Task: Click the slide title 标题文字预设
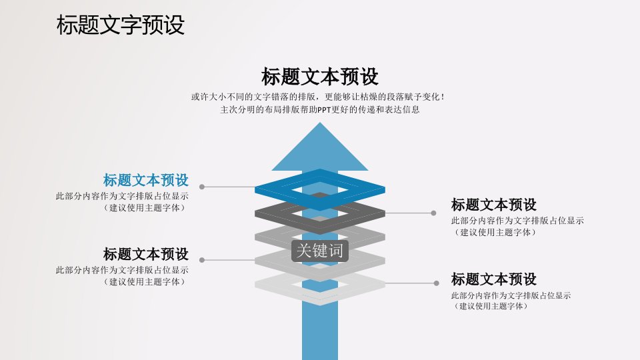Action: [121, 25]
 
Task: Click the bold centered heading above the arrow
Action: [319, 77]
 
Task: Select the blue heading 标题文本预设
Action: [146, 180]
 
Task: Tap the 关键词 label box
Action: [320, 251]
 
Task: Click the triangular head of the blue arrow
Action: [320, 151]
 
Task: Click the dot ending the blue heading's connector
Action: [201, 187]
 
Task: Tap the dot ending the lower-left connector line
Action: [201, 260]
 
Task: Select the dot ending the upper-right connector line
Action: [433, 213]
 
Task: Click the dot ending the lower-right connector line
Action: [436, 283]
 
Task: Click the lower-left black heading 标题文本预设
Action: [146, 254]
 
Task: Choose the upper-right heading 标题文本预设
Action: [494, 205]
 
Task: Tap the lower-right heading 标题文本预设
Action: [494, 279]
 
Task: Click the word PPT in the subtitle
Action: [324, 110]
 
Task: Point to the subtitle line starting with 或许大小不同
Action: [318, 97]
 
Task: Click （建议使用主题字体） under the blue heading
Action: [145, 208]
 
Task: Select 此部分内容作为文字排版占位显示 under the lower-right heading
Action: [511, 295]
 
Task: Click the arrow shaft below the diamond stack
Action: [320, 333]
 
